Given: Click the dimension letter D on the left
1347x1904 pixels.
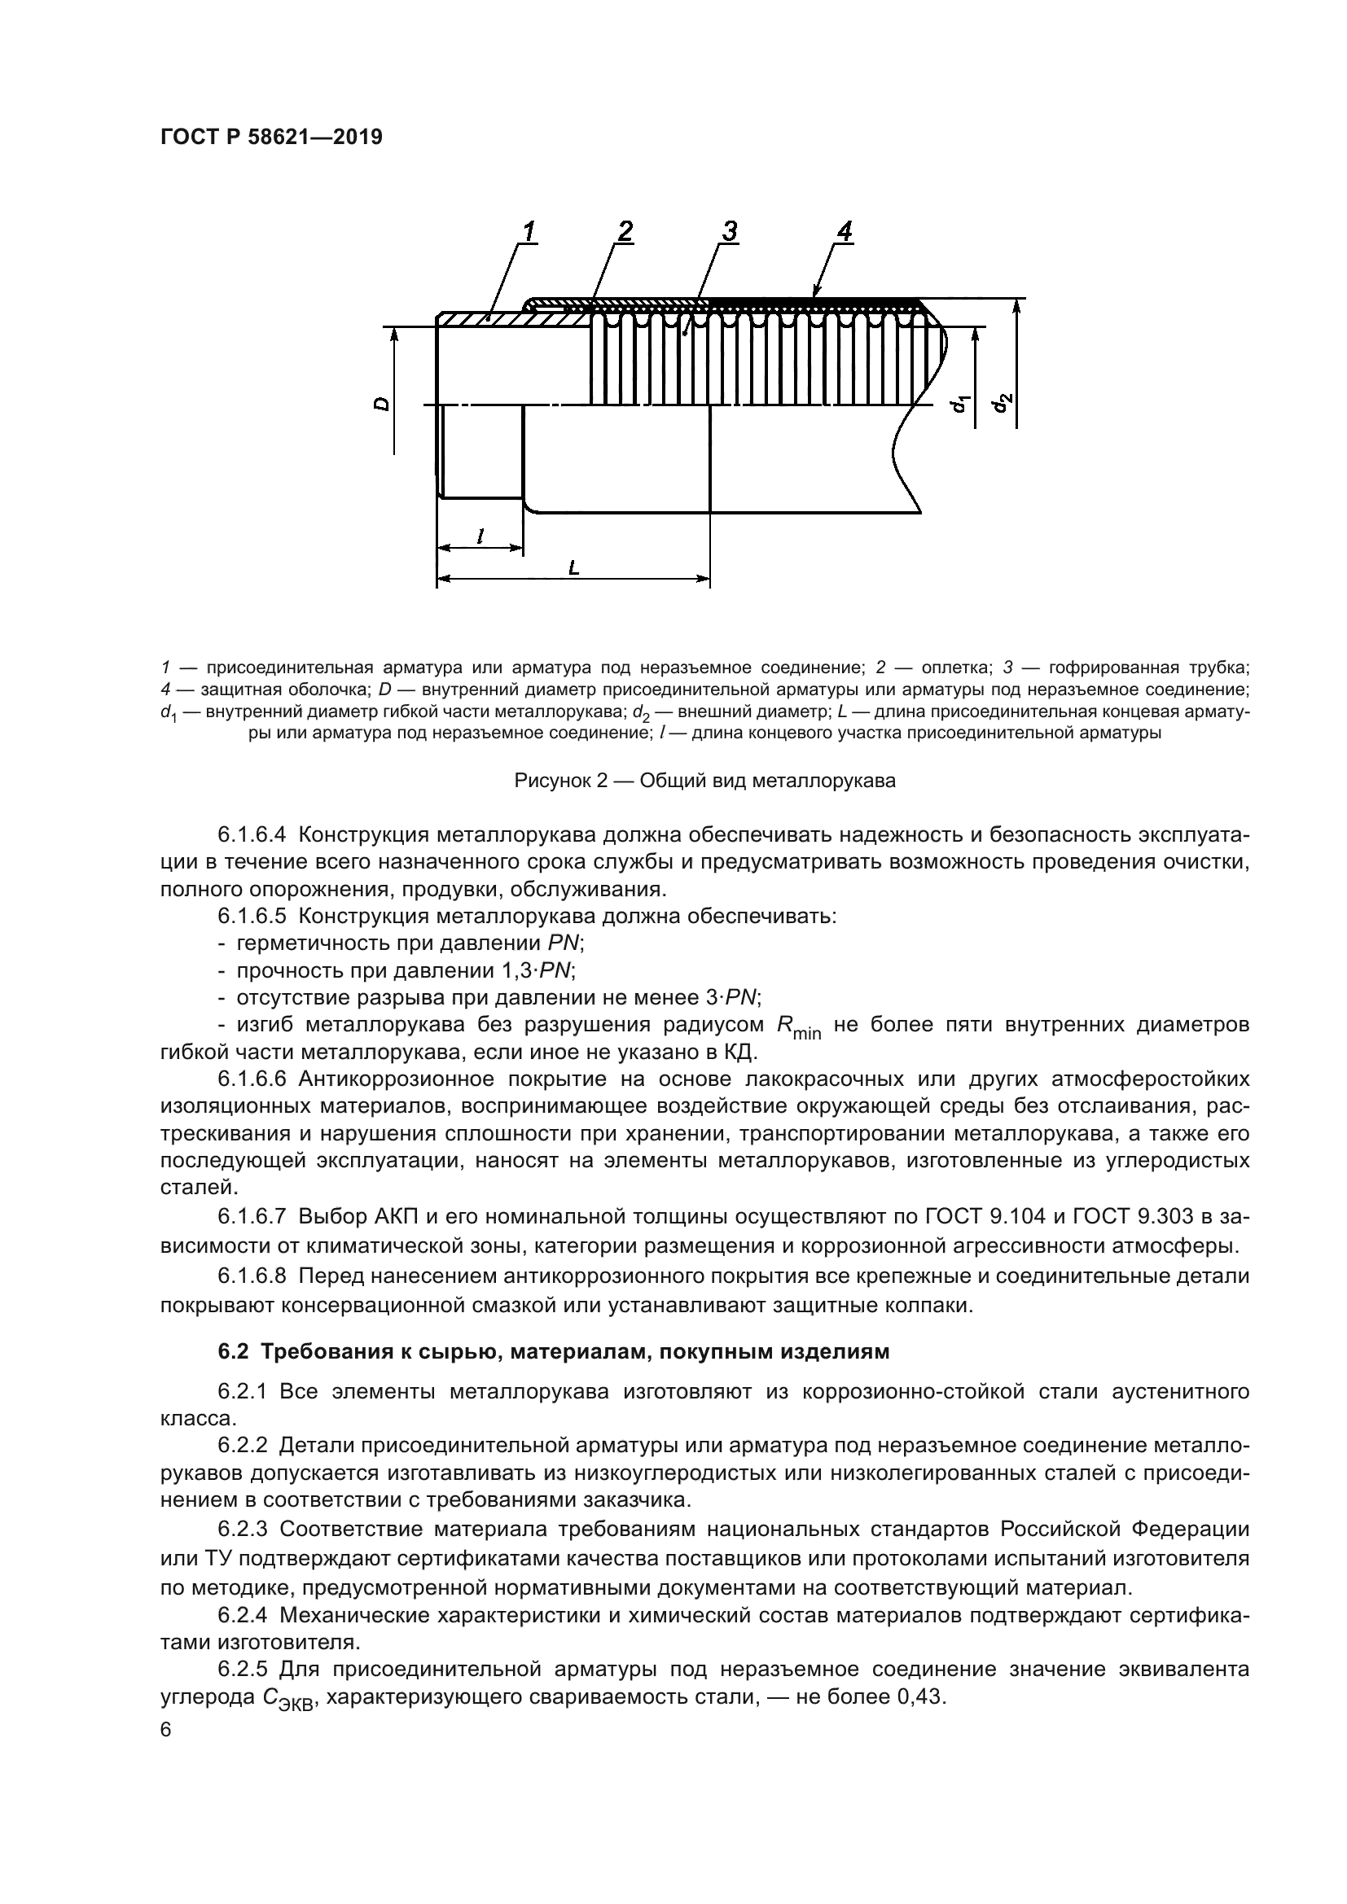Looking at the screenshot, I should pyautogui.click(x=380, y=404).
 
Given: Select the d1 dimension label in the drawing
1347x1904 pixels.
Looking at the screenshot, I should pyautogui.click(x=960, y=405).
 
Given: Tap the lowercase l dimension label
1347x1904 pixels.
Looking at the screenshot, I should pyautogui.click(x=480, y=536).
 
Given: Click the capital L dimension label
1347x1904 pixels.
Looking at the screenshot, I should pyautogui.click(x=573, y=568).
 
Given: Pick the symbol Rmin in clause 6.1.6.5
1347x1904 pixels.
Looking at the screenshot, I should pyautogui.click(x=797, y=1027).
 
